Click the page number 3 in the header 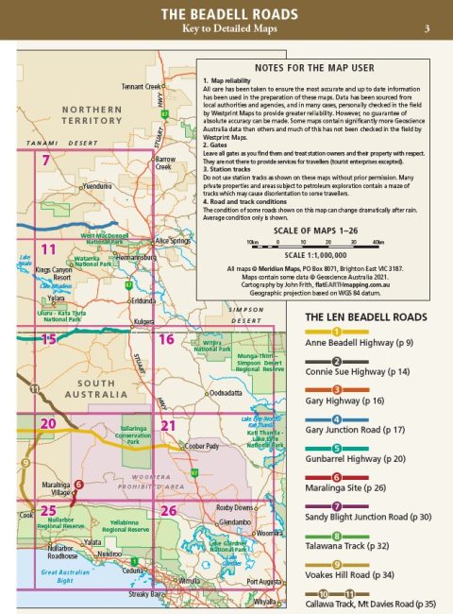click(428, 29)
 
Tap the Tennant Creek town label click(141, 86)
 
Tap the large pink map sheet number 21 click(168, 426)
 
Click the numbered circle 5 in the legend click(338, 447)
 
